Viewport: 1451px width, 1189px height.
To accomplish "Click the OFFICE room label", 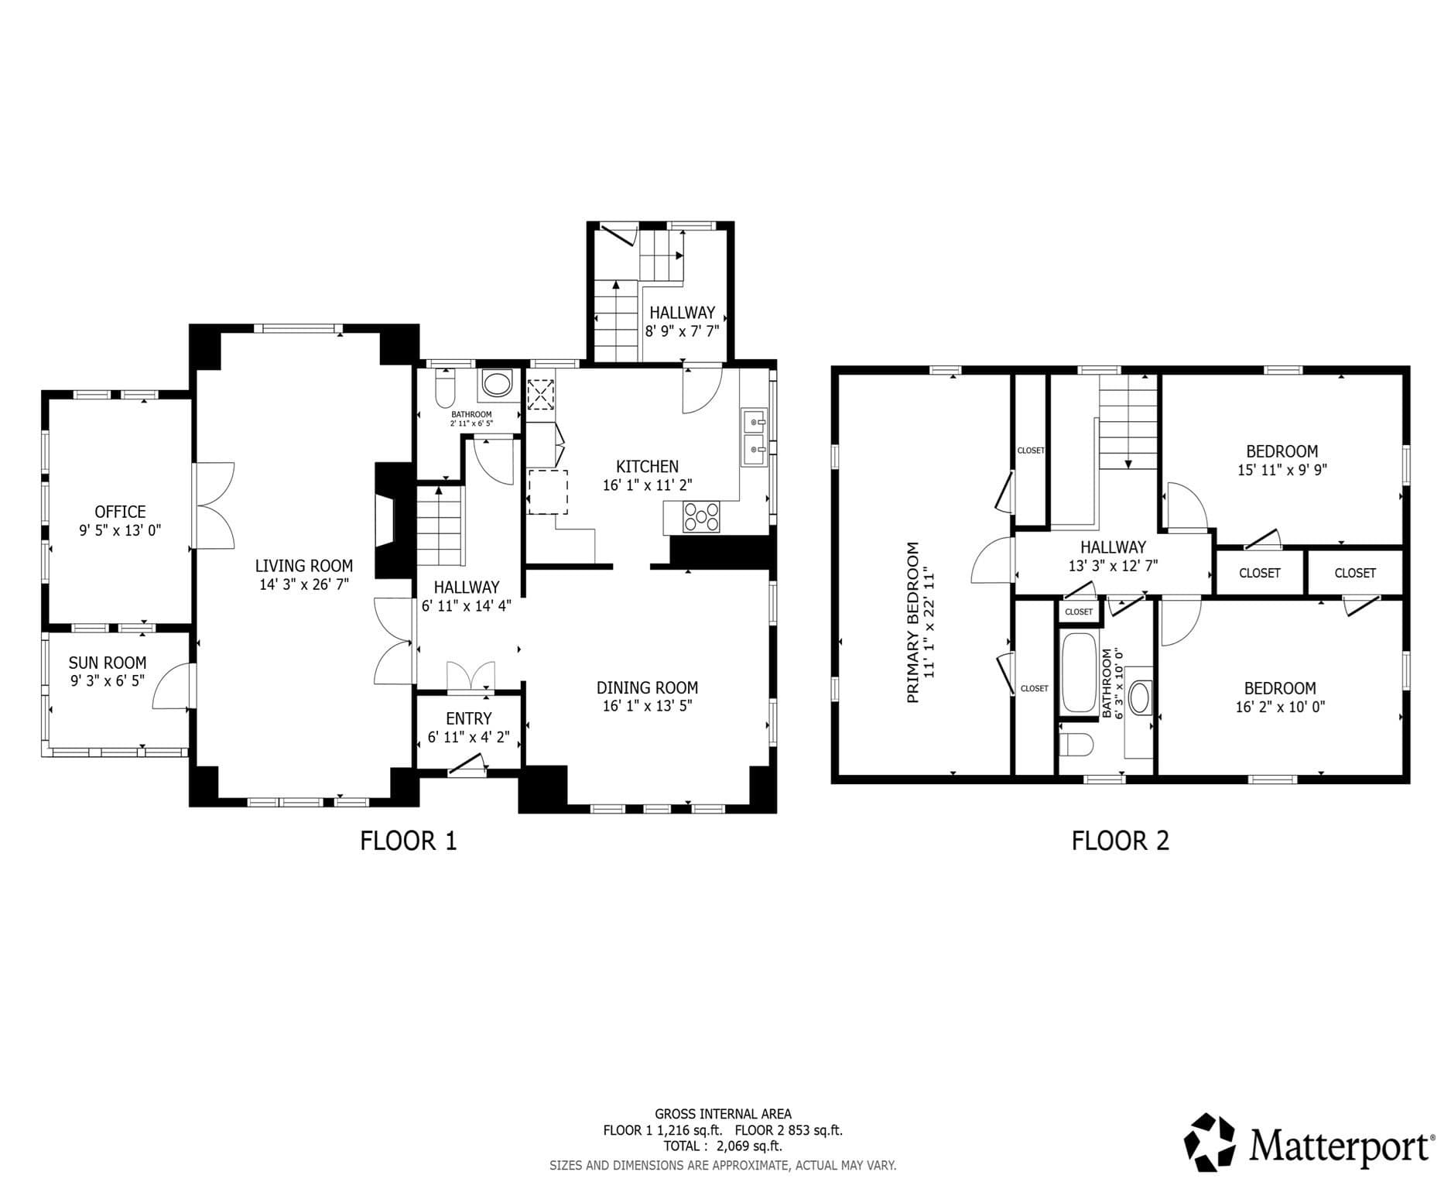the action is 120,512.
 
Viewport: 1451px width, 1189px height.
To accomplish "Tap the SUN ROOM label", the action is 108,663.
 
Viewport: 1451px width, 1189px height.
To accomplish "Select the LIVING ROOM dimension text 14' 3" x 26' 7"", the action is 304,584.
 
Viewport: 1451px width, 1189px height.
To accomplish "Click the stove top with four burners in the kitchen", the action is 701,516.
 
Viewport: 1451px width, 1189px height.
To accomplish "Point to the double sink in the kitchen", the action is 754,437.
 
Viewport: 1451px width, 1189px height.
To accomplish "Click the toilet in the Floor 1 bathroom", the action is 445,389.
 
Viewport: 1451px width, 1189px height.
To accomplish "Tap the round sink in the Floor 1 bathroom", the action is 497,384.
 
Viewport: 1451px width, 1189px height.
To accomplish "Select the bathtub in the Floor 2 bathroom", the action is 1079,673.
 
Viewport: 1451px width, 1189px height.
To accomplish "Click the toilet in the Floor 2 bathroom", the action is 1076,745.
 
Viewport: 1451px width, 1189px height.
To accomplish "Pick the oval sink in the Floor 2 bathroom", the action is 1140,697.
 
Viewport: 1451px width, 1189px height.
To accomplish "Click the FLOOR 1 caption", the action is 409,841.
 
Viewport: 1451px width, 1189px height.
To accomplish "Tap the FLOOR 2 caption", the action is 1120,841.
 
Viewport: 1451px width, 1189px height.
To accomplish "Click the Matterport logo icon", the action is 1210,1143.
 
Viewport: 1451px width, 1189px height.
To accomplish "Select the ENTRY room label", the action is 468,718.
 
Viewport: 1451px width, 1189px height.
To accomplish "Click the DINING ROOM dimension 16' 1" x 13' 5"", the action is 647,706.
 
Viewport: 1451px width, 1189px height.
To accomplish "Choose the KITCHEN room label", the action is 647,467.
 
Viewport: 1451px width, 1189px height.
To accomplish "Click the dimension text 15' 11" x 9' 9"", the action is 1282,470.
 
